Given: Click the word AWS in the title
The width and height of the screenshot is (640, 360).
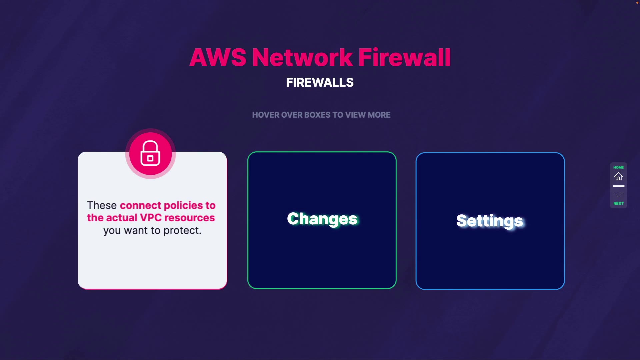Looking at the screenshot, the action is tap(218, 57).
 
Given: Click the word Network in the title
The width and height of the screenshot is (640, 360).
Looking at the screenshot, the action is tap(302, 57).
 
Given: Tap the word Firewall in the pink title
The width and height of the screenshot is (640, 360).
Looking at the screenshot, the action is tap(404, 57).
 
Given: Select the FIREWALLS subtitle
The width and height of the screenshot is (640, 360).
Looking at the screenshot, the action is tap(320, 82).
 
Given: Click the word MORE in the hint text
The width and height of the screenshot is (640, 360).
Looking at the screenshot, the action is tap(379, 115).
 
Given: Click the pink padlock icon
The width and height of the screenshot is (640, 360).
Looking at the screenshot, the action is tap(150, 154).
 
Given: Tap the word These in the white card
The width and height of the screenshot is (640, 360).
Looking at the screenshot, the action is tap(102, 205).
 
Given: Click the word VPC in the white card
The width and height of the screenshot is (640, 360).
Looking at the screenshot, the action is tap(151, 218).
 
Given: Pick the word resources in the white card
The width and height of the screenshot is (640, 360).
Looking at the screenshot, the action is tap(190, 218).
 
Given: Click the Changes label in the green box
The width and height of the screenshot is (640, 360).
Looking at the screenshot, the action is tap(322, 219).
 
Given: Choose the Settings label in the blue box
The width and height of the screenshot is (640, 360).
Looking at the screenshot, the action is tap(490, 221).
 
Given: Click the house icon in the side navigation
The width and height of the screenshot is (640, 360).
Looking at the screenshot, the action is tap(619, 176).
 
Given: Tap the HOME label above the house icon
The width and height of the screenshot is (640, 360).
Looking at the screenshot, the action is tap(619, 167).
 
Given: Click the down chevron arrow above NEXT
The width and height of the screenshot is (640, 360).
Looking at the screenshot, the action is tap(619, 195).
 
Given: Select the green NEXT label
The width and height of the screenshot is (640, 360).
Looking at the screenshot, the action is tap(619, 203).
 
